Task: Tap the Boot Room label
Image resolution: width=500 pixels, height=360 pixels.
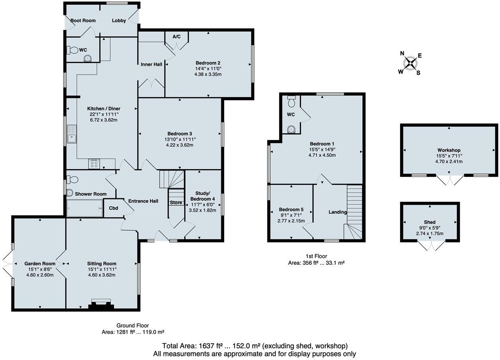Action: [x=83, y=21]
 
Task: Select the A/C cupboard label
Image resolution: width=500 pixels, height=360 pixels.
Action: [x=177, y=37]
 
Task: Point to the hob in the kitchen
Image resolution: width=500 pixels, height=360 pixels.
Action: [x=94, y=164]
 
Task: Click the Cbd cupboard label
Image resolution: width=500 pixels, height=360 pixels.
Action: [x=113, y=208]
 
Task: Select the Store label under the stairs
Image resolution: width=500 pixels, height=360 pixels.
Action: [x=176, y=203]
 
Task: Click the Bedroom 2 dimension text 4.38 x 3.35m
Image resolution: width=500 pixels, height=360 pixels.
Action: [x=208, y=74]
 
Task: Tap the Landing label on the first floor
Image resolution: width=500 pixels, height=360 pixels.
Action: [x=337, y=212]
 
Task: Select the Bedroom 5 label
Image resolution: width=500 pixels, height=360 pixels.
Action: [x=291, y=209]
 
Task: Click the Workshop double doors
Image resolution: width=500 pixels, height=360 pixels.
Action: [x=449, y=180]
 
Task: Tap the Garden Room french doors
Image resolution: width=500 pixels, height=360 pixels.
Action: [x=8, y=264]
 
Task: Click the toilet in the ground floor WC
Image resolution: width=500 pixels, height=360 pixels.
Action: [x=73, y=50]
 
